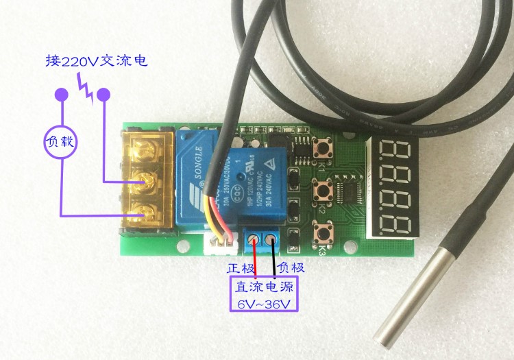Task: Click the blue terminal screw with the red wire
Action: click(x=256, y=240)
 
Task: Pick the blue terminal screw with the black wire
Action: click(x=273, y=240)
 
